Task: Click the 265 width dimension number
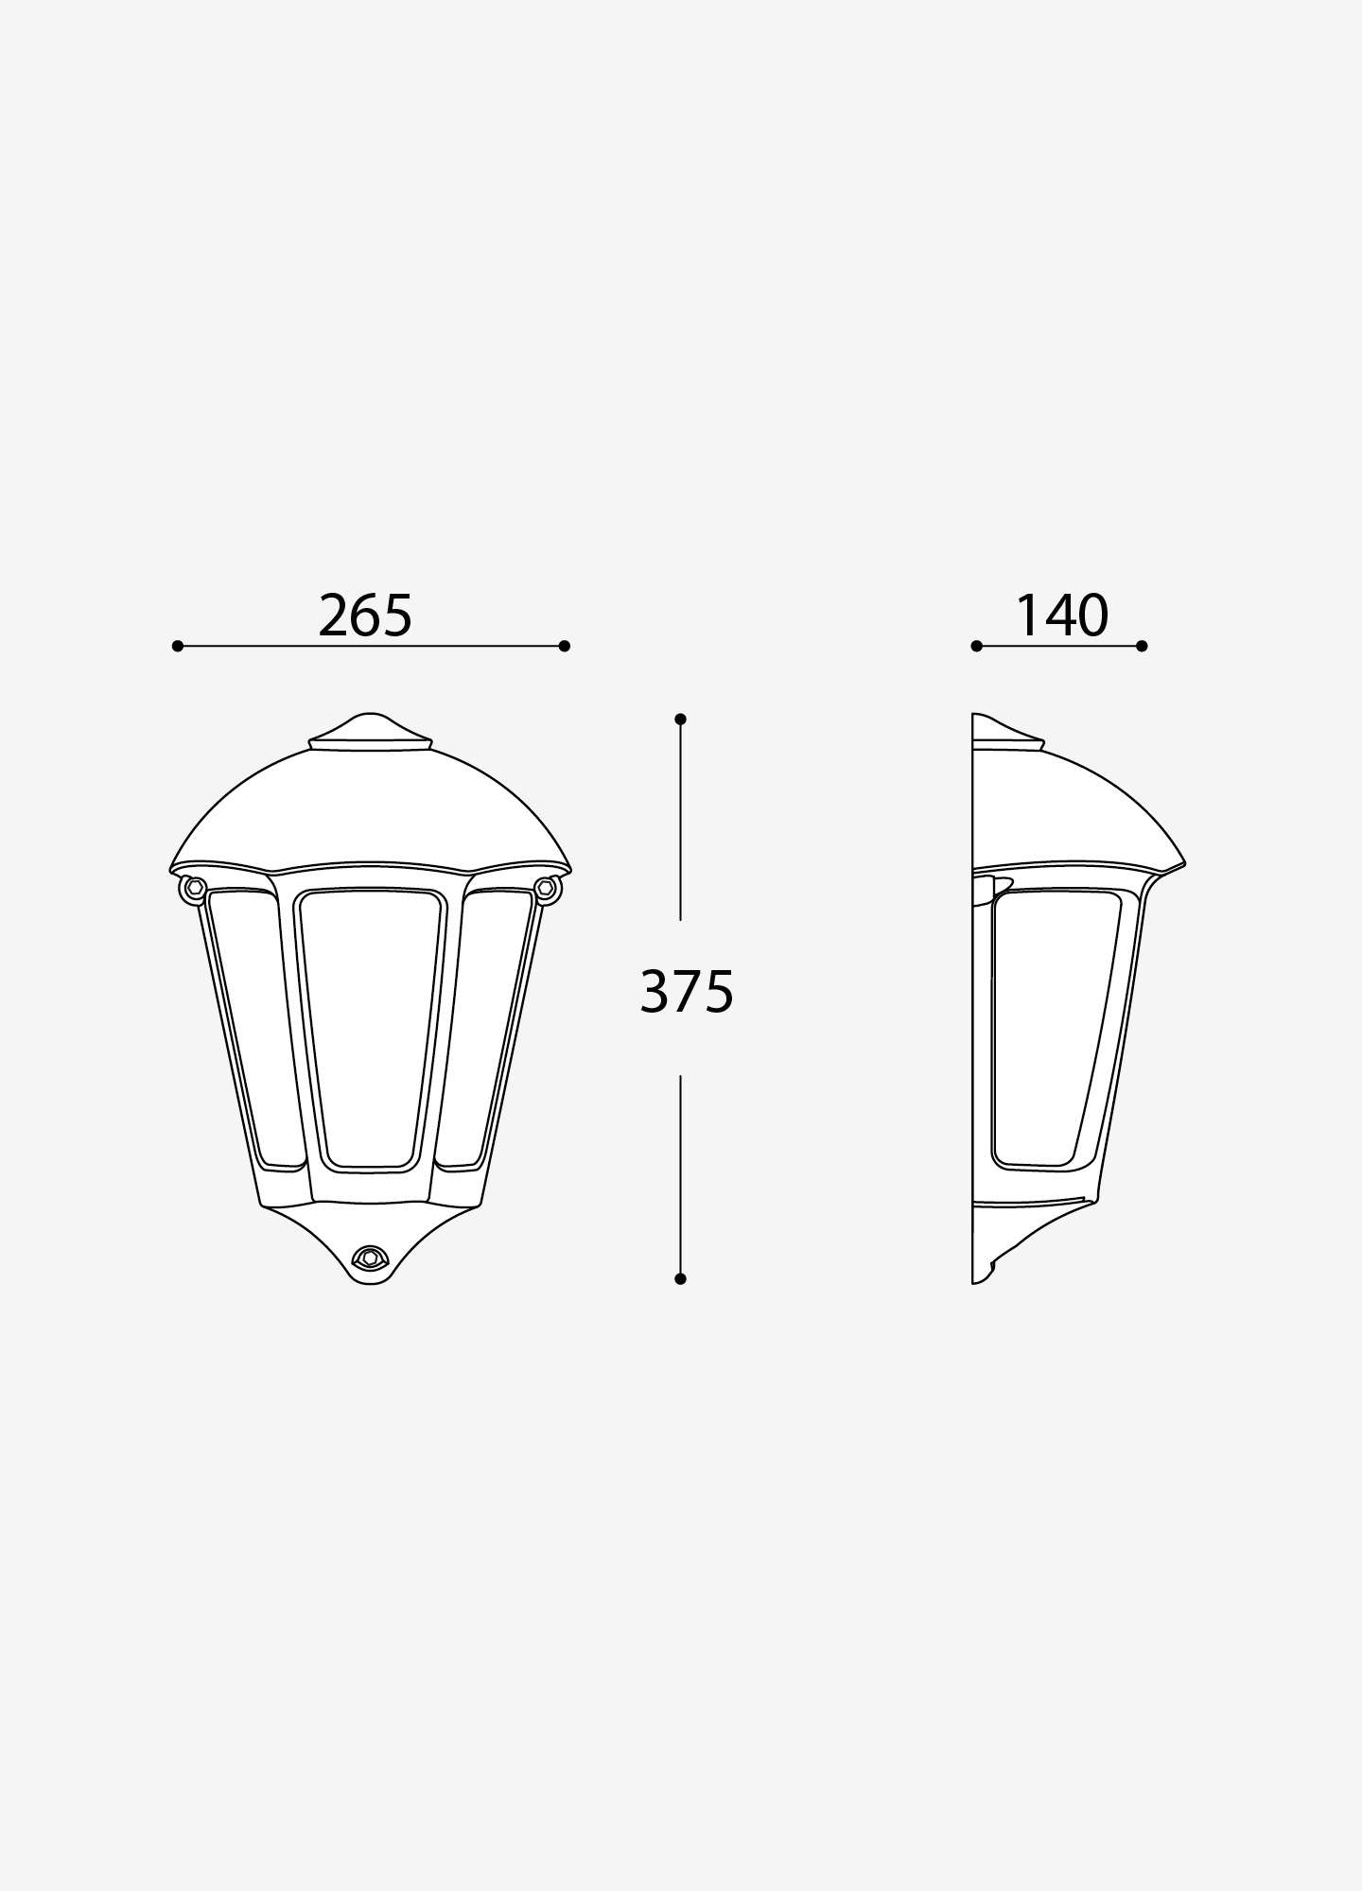(x=365, y=616)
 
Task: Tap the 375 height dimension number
(x=687, y=992)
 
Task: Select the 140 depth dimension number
(x=1061, y=616)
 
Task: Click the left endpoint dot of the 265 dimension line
(x=178, y=647)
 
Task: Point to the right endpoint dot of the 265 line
(x=565, y=647)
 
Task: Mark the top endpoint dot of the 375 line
(x=680, y=720)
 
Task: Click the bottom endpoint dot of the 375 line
(x=680, y=1279)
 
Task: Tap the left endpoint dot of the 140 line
(x=977, y=647)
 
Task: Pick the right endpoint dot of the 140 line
(x=1142, y=647)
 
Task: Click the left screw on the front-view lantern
(x=195, y=887)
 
